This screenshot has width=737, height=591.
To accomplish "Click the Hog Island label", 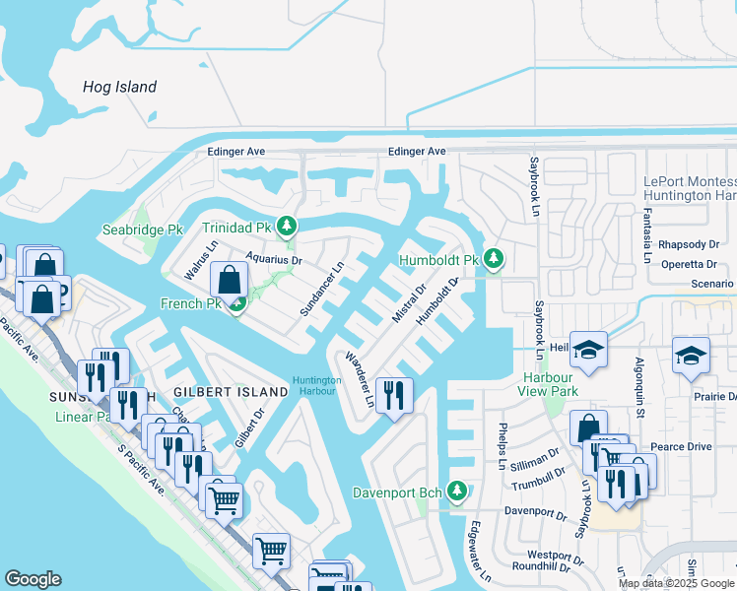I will (119, 87).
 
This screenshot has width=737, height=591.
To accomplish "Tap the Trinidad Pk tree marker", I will (287, 226).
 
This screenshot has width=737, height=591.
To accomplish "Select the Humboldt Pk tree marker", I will (494, 260).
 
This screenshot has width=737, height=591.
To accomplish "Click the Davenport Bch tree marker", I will (456, 491).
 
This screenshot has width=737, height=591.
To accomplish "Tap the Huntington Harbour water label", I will (316, 386).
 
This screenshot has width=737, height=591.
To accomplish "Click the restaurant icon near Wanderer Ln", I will (394, 396).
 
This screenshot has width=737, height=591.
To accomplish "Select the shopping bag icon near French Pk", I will (229, 280).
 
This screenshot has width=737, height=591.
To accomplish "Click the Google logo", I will (33, 579).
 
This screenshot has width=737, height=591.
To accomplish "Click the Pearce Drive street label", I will (682, 447).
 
